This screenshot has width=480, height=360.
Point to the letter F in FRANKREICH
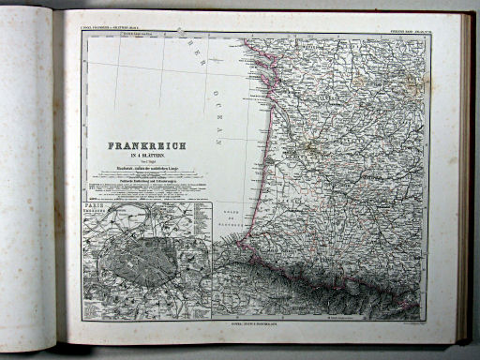(112, 147)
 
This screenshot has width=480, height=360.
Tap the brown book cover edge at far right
(466, 178)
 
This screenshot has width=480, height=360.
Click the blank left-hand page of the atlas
(33, 178)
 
